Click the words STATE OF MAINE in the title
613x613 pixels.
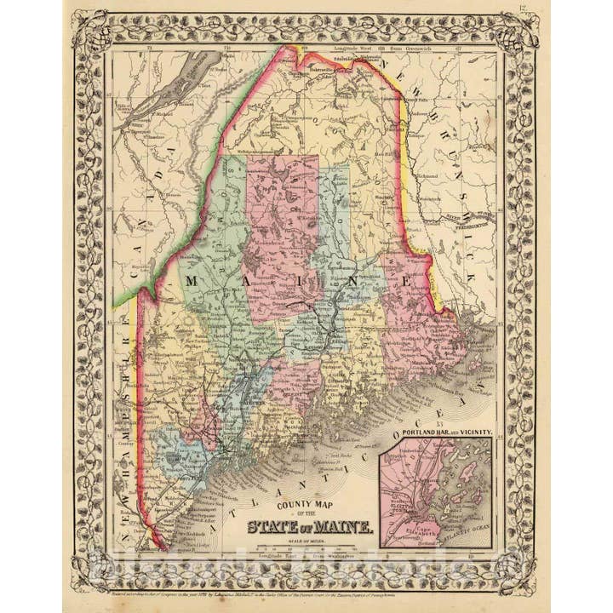pos(309,525)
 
